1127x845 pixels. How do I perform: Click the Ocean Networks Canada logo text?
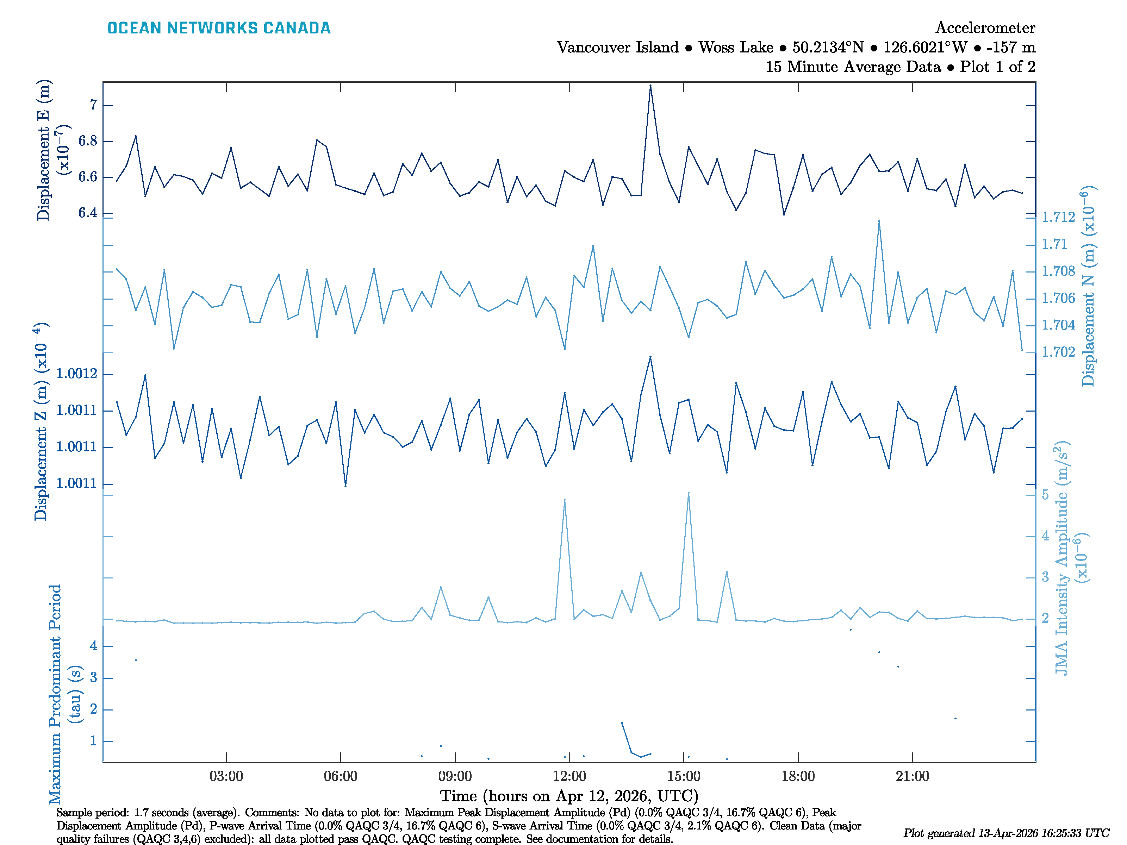point(219,28)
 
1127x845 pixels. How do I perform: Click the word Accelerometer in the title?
point(985,27)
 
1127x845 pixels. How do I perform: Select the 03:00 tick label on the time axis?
point(226,776)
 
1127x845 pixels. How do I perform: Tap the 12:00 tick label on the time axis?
point(569,776)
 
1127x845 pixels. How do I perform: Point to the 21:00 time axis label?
point(912,776)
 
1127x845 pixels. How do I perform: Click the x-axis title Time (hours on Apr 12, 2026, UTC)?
point(569,796)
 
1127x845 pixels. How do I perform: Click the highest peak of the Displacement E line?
point(650,86)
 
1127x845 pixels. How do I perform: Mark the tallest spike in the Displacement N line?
point(879,221)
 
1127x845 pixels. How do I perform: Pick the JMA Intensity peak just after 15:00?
point(688,493)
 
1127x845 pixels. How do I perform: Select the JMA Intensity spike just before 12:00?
point(565,500)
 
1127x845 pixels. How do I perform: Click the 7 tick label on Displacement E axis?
point(93,105)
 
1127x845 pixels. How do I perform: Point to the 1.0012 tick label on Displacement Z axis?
point(76,374)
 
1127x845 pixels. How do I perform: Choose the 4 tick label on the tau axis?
point(93,646)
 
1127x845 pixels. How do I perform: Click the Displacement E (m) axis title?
point(44,150)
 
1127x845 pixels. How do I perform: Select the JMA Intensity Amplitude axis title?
point(1061,558)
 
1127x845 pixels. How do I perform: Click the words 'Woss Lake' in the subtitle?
point(735,48)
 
